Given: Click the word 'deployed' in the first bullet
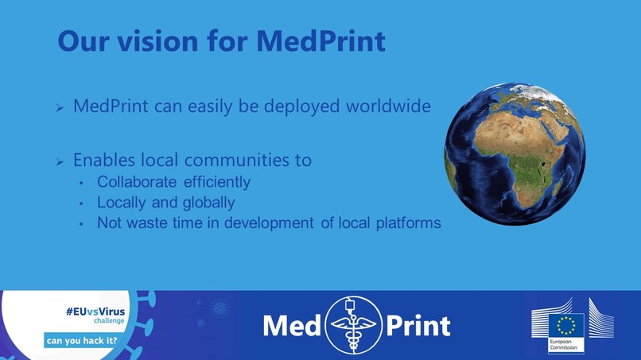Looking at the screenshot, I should coord(275,106).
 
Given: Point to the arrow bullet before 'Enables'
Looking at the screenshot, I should coord(58,162).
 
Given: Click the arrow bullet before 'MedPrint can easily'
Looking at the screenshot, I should coord(58,107).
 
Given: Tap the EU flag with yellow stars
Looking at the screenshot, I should coord(565,325).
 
